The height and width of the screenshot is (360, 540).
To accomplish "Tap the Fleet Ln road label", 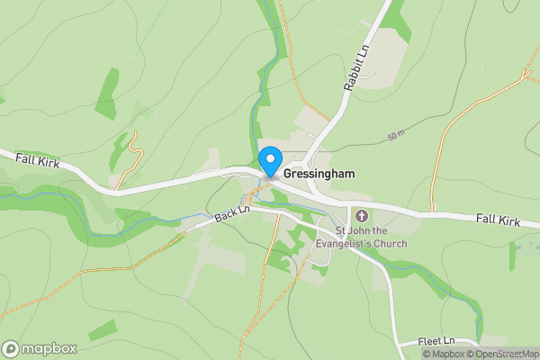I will coord(438,342).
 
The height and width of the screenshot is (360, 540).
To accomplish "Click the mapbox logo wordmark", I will coord(49,348).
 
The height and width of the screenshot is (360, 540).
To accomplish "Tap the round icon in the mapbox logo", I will coord(11,348).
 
